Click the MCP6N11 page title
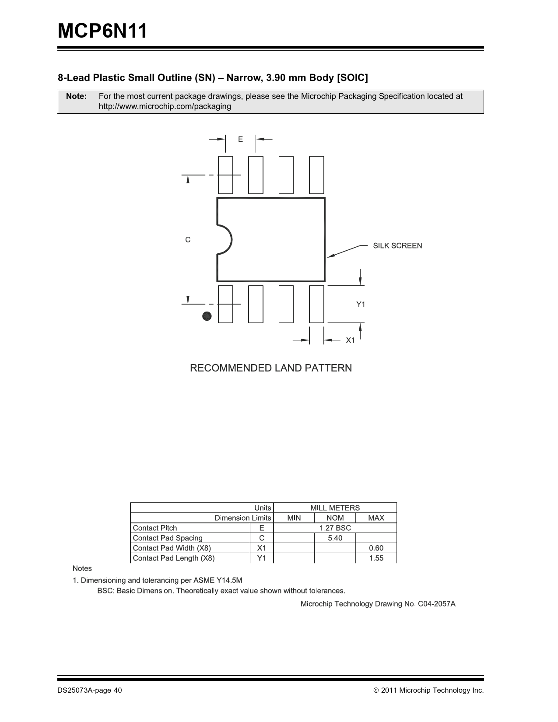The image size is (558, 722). (x=102, y=32)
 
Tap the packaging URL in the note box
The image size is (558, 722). (x=165, y=106)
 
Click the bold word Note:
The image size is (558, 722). (x=76, y=96)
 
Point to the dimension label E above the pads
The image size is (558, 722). (x=240, y=139)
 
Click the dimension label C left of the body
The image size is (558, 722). (x=188, y=240)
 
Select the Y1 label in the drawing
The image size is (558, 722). (x=360, y=304)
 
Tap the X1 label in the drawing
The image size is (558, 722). (x=351, y=340)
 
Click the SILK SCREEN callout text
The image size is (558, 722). (x=397, y=246)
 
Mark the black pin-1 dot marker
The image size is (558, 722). (x=207, y=316)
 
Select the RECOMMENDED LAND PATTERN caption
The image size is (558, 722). (x=270, y=368)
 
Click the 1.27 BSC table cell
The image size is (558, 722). (x=335, y=528)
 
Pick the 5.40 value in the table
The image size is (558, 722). (x=335, y=538)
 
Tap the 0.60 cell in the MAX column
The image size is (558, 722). (x=376, y=548)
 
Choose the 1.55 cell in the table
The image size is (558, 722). (x=376, y=558)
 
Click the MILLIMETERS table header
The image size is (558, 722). (x=335, y=508)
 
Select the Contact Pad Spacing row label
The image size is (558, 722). (x=168, y=538)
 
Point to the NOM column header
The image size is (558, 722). (x=335, y=518)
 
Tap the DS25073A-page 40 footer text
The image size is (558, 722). (x=90, y=690)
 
